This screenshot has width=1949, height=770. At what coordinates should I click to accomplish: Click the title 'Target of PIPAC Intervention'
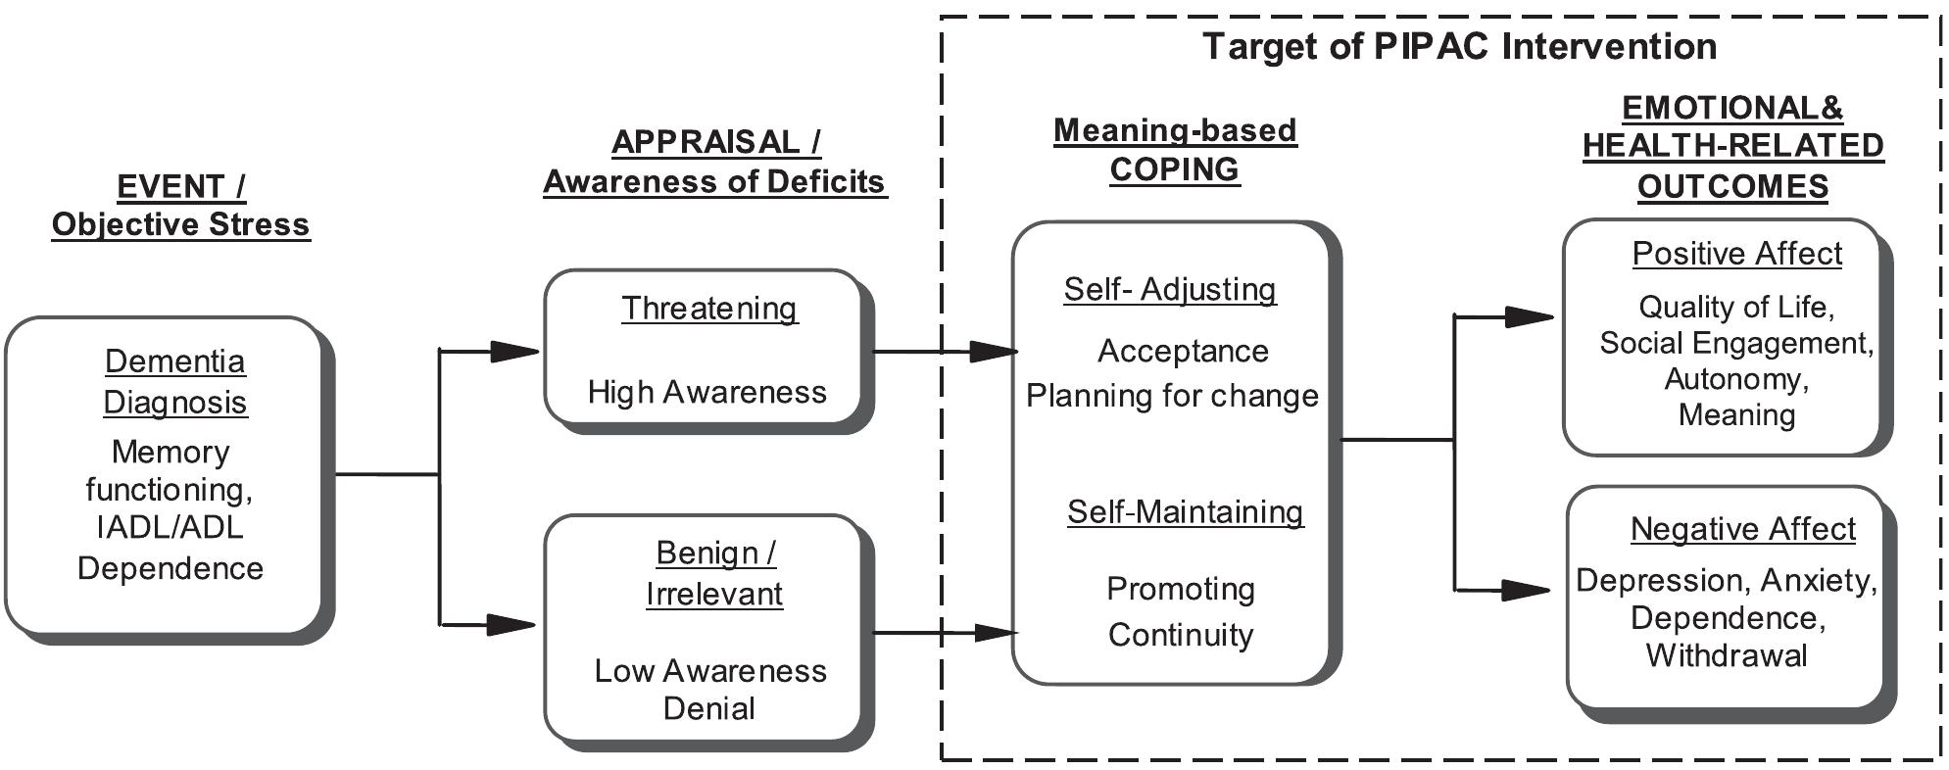(1459, 46)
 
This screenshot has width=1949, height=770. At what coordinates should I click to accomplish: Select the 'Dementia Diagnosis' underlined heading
(174, 381)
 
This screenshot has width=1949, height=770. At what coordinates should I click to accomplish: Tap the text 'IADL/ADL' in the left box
(170, 527)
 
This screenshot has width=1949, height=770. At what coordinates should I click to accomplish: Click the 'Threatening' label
(709, 308)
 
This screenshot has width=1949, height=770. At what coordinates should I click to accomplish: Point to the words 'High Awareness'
(707, 392)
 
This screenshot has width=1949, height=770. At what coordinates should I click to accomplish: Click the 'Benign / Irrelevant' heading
(714, 573)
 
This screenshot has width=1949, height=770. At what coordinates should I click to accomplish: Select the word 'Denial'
(708, 708)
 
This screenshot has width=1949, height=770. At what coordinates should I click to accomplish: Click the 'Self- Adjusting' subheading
(1170, 289)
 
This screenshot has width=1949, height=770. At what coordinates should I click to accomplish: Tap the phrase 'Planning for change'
(1172, 396)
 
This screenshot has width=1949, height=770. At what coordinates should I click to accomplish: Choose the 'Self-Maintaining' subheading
(1185, 511)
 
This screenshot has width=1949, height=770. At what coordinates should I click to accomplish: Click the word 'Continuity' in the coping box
(1181, 635)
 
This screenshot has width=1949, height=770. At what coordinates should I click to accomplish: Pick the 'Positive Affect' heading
(1736, 254)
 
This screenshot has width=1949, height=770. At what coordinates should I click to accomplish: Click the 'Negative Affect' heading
(1742, 529)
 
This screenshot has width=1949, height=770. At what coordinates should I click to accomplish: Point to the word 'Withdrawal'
(1727, 654)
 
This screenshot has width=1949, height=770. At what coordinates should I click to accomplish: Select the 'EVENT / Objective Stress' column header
(180, 205)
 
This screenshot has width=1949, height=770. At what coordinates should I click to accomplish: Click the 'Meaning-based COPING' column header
(1175, 149)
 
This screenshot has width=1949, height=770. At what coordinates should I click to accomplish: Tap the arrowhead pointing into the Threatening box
(514, 351)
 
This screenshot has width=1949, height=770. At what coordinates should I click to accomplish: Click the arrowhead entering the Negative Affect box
(1526, 590)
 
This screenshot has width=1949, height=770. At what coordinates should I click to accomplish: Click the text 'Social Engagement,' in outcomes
(1736, 343)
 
